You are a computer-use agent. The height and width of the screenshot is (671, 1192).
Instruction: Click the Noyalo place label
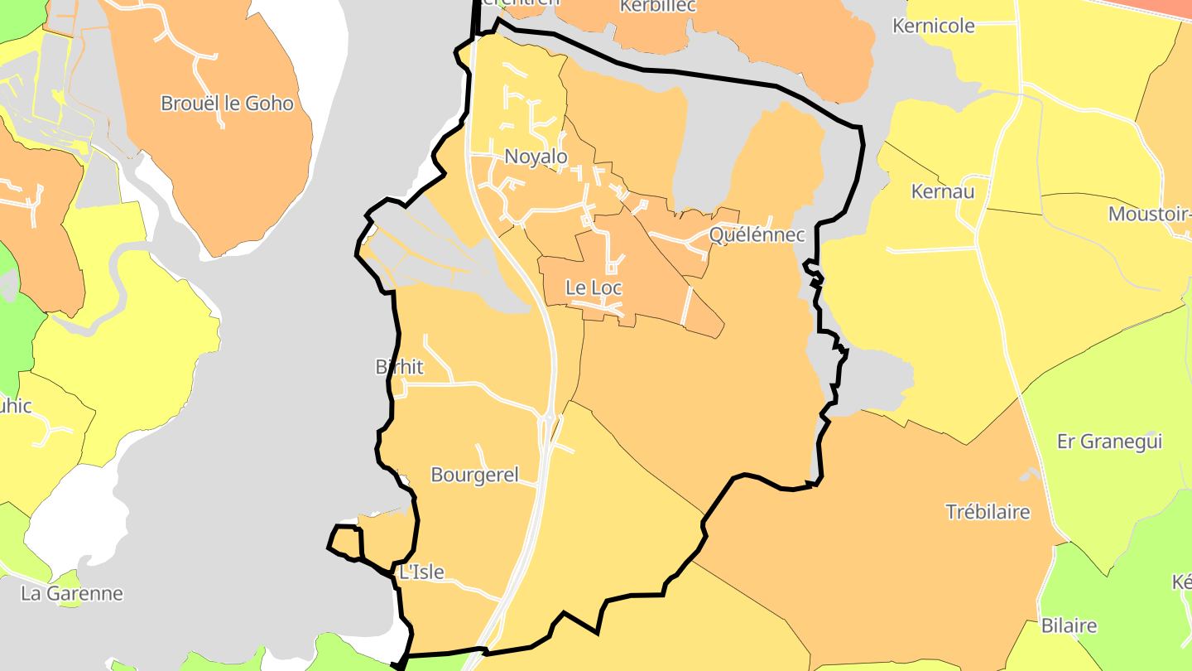pos(536,157)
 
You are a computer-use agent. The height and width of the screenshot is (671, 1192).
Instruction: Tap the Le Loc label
pos(594,288)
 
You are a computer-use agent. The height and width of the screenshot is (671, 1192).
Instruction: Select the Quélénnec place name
pos(757,234)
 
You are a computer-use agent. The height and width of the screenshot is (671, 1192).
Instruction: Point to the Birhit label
pos(400,366)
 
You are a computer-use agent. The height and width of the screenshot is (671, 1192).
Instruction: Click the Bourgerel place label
pos(475,475)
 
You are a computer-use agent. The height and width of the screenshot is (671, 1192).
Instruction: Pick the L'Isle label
pos(421,572)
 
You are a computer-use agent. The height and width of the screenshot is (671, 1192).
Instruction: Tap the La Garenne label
pos(72,593)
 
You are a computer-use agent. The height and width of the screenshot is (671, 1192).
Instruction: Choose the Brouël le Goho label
pos(227,104)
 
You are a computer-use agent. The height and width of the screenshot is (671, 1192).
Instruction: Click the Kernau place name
pos(943,191)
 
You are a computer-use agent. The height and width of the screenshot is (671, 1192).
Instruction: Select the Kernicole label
pos(934,26)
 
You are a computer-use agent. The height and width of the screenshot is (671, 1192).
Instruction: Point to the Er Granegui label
pos(1110,441)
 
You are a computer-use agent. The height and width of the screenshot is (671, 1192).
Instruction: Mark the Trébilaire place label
pos(988,511)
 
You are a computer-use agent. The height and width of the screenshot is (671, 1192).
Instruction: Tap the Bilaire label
pos(1069,625)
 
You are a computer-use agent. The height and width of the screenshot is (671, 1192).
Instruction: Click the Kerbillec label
pos(658,7)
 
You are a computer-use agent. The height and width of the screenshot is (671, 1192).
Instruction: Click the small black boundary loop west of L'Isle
pos(346,541)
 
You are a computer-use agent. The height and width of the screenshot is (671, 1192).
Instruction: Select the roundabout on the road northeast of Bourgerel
pos(548,418)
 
